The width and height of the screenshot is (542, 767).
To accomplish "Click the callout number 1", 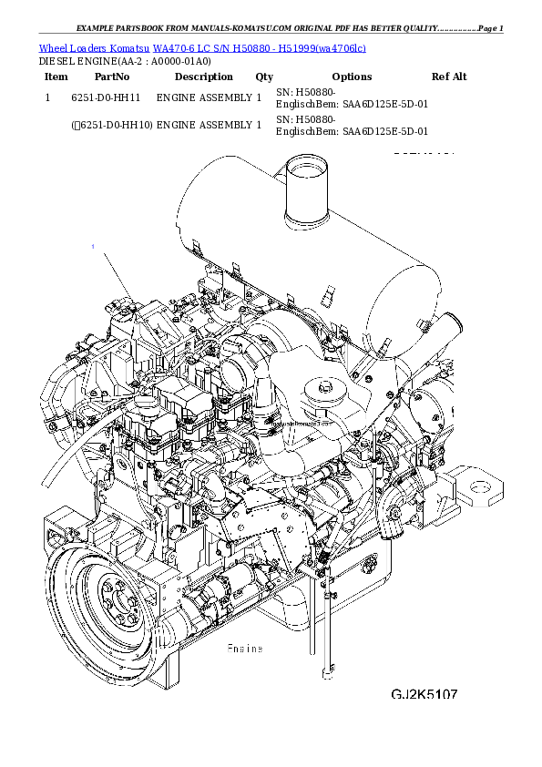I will [92, 247].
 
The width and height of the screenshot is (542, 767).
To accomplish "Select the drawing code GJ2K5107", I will [424, 695].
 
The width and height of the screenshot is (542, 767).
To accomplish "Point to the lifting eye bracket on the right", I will [476, 486].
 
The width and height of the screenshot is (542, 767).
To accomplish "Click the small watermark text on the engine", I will [296, 425].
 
